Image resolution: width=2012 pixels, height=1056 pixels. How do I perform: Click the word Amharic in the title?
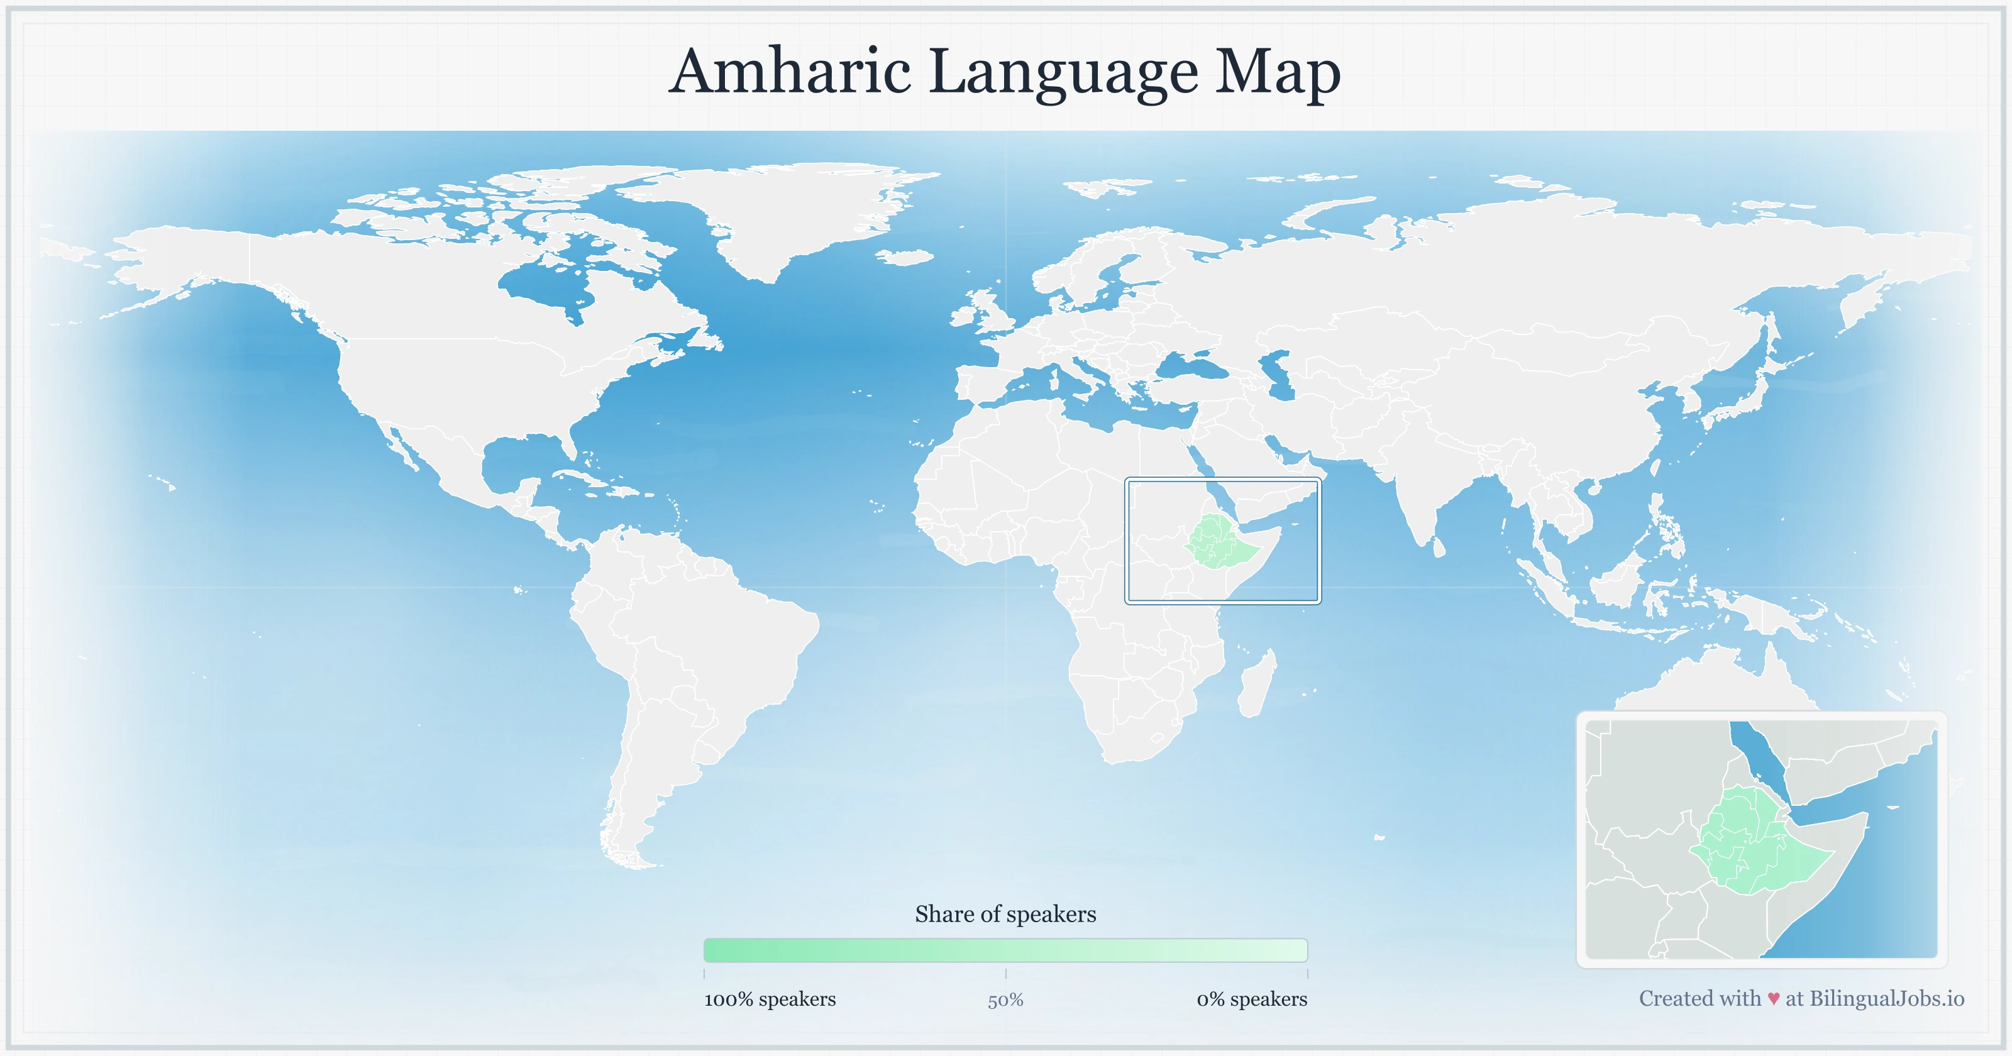[x=790, y=71]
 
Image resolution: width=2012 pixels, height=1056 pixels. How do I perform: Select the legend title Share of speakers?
[x=1005, y=914]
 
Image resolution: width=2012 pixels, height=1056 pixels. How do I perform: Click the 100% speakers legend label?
[x=770, y=999]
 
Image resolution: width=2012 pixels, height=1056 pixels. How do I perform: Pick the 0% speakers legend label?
[x=1251, y=999]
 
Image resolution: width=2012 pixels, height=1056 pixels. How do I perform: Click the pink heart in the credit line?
[x=1774, y=999]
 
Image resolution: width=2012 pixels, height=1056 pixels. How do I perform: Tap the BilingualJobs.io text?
[x=1886, y=998]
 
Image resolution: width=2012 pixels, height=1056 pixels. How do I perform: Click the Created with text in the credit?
[x=1700, y=998]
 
